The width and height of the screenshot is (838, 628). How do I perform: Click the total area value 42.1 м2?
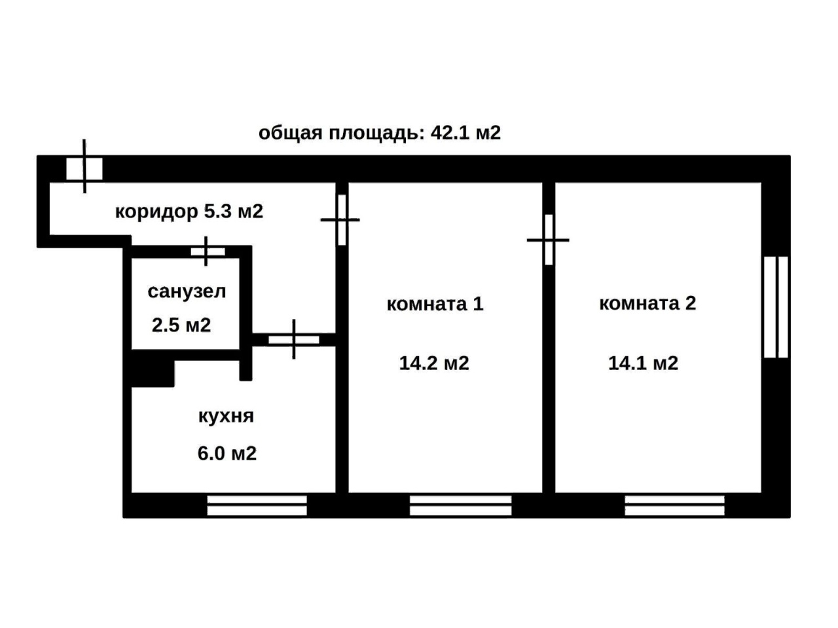(465, 133)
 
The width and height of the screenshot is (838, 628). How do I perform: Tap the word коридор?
(156, 212)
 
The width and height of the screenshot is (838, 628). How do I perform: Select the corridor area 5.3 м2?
(234, 211)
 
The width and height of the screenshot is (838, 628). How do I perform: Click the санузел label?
(187, 292)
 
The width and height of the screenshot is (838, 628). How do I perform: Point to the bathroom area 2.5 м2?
(181, 325)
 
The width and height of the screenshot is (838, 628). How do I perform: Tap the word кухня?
(226, 416)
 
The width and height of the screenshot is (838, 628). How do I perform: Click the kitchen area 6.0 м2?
(227, 454)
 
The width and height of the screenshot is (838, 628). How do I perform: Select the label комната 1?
(435, 304)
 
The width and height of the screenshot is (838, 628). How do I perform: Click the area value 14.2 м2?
(434, 363)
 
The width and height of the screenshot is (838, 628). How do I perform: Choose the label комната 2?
(647, 303)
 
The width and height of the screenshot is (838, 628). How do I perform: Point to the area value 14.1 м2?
(643, 363)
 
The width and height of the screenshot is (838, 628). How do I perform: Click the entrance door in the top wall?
(84, 168)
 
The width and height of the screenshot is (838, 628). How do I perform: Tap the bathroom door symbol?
(208, 251)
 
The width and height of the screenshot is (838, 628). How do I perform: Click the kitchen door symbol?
(293, 339)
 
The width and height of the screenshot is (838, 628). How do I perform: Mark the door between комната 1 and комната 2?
(548, 240)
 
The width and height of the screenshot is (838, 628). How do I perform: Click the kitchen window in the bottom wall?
(257, 505)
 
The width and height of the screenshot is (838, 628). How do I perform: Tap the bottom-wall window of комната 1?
(460, 505)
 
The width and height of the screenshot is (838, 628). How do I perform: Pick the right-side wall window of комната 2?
(775, 307)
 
